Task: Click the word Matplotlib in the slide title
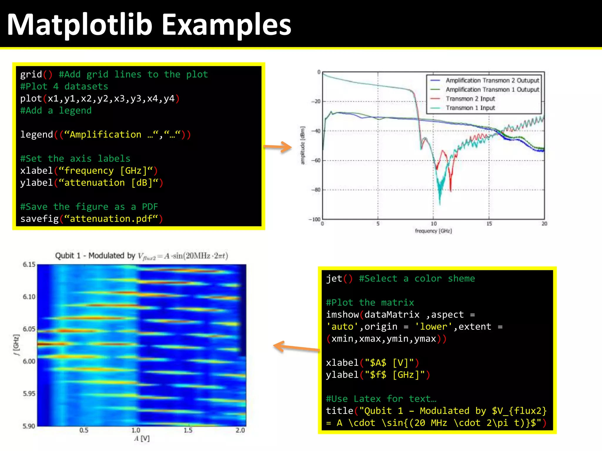pyautogui.click(x=79, y=25)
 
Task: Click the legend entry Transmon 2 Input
pyautogui.click(x=470, y=99)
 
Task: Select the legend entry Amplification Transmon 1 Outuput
pyautogui.click(x=492, y=90)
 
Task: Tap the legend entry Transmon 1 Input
pyautogui.click(x=470, y=108)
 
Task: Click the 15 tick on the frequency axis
pyautogui.click(x=489, y=224)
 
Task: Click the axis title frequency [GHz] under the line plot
pyautogui.click(x=433, y=231)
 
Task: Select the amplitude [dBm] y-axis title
pyautogui.click(x=303, y=145)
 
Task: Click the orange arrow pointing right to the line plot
pyautogui.click(x=277, y=147)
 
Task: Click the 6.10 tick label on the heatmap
pyautogui.click(x=29, y=297)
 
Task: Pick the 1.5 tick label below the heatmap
pyautogui.click(x=188, y=430)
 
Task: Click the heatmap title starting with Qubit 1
pyautogui.click(x=141, y=256)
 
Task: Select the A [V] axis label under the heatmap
pyautogui.click(x=142, y=439)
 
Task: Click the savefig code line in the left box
pyautogui.click(x=91, y=219)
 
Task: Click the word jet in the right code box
pyautogui.click(x=334, y=278)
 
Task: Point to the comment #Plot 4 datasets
pyautogui.click(x=64, y=87)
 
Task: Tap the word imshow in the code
pyautogui.click(x=342, y=314)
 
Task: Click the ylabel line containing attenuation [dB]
pyautogui.click(x=91, y=183)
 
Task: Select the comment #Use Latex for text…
pyautogui.click(x=381, y=399)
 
